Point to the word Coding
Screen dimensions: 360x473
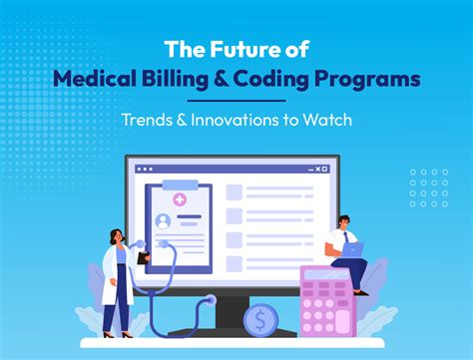point(297,80)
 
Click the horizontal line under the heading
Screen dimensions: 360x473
point(236,101)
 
